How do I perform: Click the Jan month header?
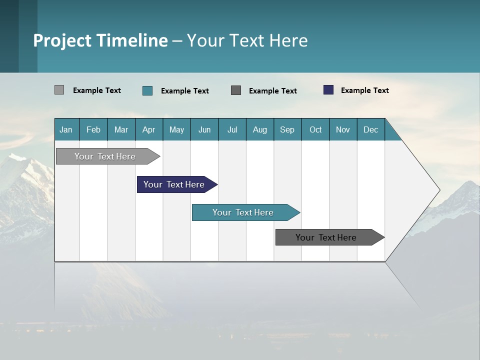66,129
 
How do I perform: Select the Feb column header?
93,129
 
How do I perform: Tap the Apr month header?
149,129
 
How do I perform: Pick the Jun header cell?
204,129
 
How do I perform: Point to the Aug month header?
260,129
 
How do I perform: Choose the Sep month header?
287,129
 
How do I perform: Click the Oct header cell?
315,129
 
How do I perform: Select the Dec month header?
371,129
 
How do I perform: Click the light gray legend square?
59,90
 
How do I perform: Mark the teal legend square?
147,90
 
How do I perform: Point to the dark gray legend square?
236,90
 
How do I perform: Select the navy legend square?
328,90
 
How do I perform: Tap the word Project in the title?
62,40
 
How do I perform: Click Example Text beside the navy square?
364,90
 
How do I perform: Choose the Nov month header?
343,129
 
